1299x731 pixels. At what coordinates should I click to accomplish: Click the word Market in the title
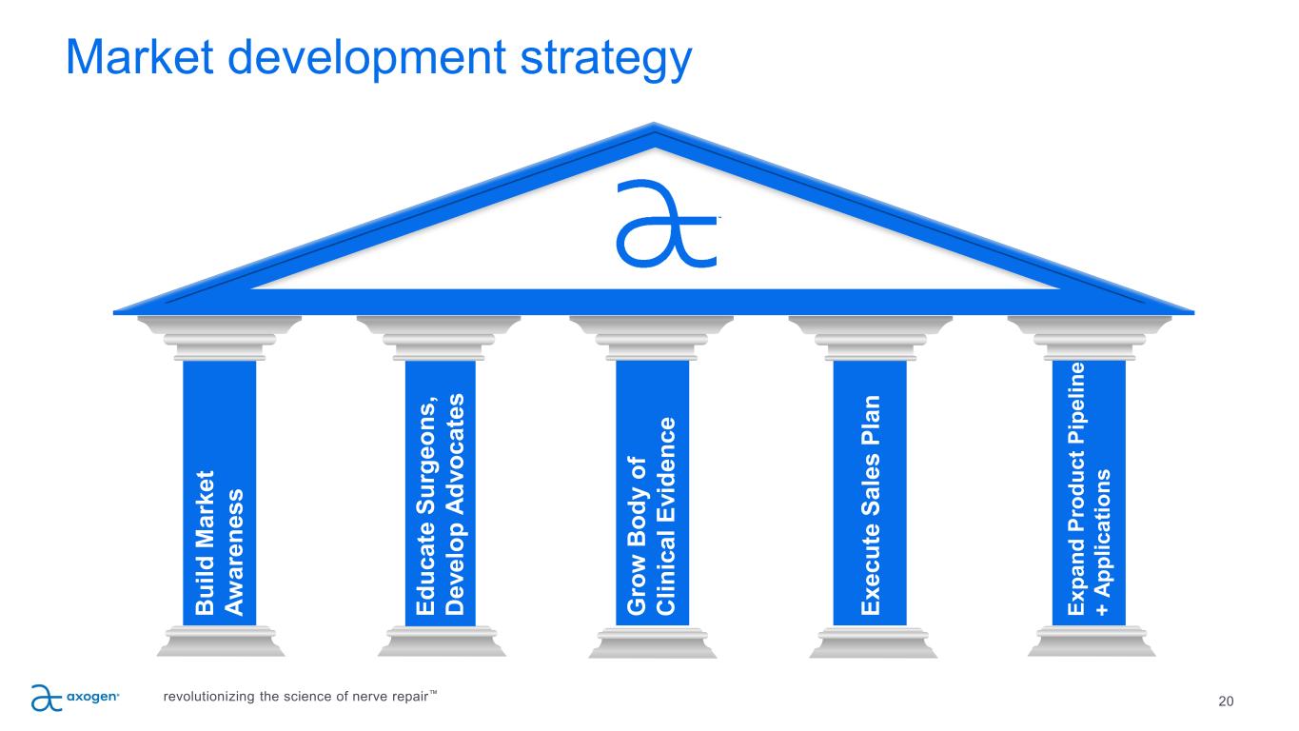point(140,57)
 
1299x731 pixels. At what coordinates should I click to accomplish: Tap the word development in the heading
point(366,60)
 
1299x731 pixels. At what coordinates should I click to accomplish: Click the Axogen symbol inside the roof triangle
point(667,224)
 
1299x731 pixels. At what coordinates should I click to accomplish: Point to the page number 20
point(1226,701)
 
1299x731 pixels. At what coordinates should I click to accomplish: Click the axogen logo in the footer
point(75,698)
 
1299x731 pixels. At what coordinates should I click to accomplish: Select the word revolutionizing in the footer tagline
point(208,696)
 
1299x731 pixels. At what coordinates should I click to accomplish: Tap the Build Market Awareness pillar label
point(219,543)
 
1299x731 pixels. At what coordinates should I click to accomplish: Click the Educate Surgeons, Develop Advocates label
point(441,504)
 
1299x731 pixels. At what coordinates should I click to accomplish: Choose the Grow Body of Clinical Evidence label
point(651,516)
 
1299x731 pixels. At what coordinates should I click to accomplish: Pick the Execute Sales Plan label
point(870,505)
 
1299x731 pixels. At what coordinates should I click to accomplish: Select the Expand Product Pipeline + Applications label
point(1089,489)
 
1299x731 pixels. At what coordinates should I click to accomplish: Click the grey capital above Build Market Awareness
point(219,338)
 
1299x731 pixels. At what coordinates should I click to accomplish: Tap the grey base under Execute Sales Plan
point(873,642)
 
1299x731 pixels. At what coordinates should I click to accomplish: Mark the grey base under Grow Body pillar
point(653,642)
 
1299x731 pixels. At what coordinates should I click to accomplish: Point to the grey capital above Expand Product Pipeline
point(1089,338)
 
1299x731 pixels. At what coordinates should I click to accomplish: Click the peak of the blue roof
point(654,124)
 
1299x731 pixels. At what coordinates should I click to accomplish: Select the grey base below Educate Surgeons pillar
point(442,642)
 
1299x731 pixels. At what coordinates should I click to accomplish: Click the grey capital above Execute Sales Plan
point(871,338)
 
